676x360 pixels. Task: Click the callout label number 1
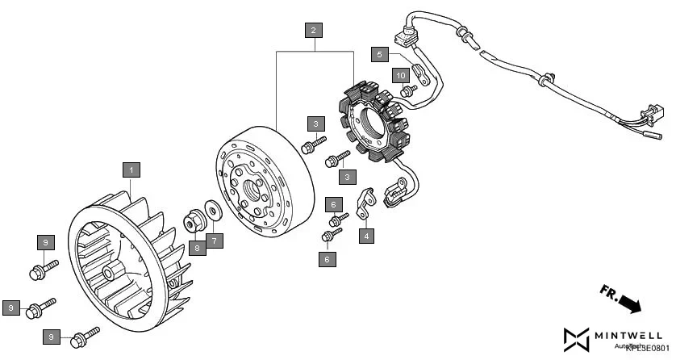(131, 170)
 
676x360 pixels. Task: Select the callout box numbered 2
(314, 31)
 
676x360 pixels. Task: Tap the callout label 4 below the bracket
(367, 237)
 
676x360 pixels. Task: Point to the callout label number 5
(380, 55)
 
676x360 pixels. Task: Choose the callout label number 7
(214, 241)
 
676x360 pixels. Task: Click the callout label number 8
(196, 248)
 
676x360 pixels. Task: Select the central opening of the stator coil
(373, 125)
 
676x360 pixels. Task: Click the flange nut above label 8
(195, 220)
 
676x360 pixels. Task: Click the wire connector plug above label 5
(403, 37)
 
